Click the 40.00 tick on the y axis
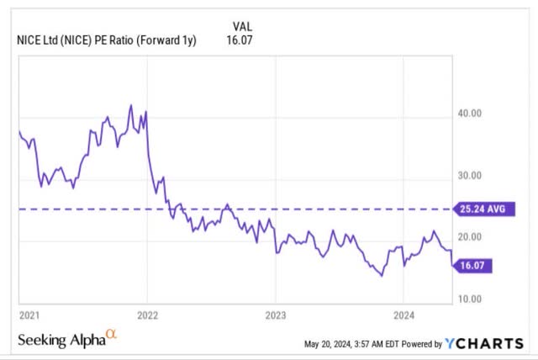click(469, 114)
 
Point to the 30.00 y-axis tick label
click(469, 176)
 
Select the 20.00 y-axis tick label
click(469, 237)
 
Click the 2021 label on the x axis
click(29, 315)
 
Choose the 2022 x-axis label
click(147, 315)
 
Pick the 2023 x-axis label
click(275, 315)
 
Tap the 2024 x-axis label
click(403, 315)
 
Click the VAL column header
click(238, 25)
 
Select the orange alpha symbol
click(112, 336)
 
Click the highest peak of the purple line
click(130, 106)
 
